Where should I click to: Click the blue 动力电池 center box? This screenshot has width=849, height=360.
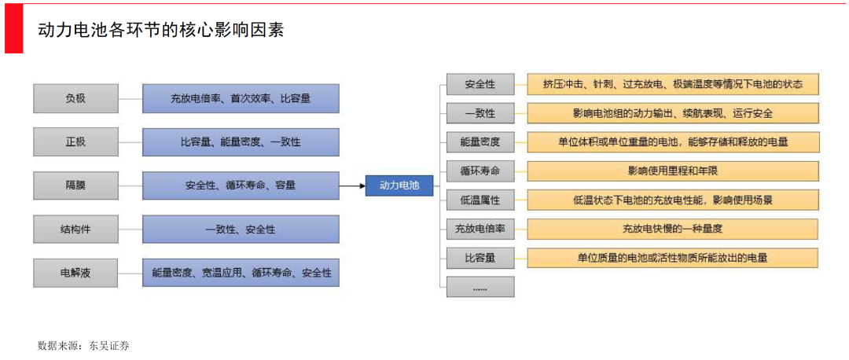pyautogui.click(x=399, y=186)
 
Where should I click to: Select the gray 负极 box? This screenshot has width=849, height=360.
pyautogui.click(x=75, y=98)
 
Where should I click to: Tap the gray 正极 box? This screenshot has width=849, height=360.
pyautogui.click(x=75, y=142)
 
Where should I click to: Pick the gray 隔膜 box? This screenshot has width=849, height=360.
pyautogui.click(x=75, y=186)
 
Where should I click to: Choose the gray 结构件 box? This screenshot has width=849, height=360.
pyautogui.click(x=75, y=230)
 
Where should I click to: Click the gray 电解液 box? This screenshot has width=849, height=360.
pyautogui.click(x=75, y=273)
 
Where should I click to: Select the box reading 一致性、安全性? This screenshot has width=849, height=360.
pyautogui.click(x=241, y=230)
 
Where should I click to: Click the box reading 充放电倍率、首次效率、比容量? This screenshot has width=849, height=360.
pyautogui.click(x=241, y=98)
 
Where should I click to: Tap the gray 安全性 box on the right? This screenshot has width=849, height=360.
pyautogui.click(x=480, y=84)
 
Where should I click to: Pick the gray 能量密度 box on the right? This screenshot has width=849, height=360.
pyautogui.click(x=480, y=141)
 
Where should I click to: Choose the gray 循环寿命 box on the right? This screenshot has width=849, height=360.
pyautogui.click(x=480, y=171)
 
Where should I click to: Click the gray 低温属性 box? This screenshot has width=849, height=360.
pyautogui.click(x=480, y=200)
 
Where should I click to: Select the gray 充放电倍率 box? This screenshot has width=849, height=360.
pyautogui.click(x=480, y=229)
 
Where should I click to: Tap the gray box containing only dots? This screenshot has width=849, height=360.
pyautogui.click(x=480, y=287)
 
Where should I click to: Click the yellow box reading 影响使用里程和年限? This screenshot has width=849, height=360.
pyautogui.click(x=672, y=171)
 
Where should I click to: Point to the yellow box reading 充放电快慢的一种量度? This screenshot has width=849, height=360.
pyautogui.click(x=672, y=229)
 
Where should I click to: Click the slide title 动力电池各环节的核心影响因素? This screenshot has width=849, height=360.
pyautogui.click(x=160, y=30)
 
